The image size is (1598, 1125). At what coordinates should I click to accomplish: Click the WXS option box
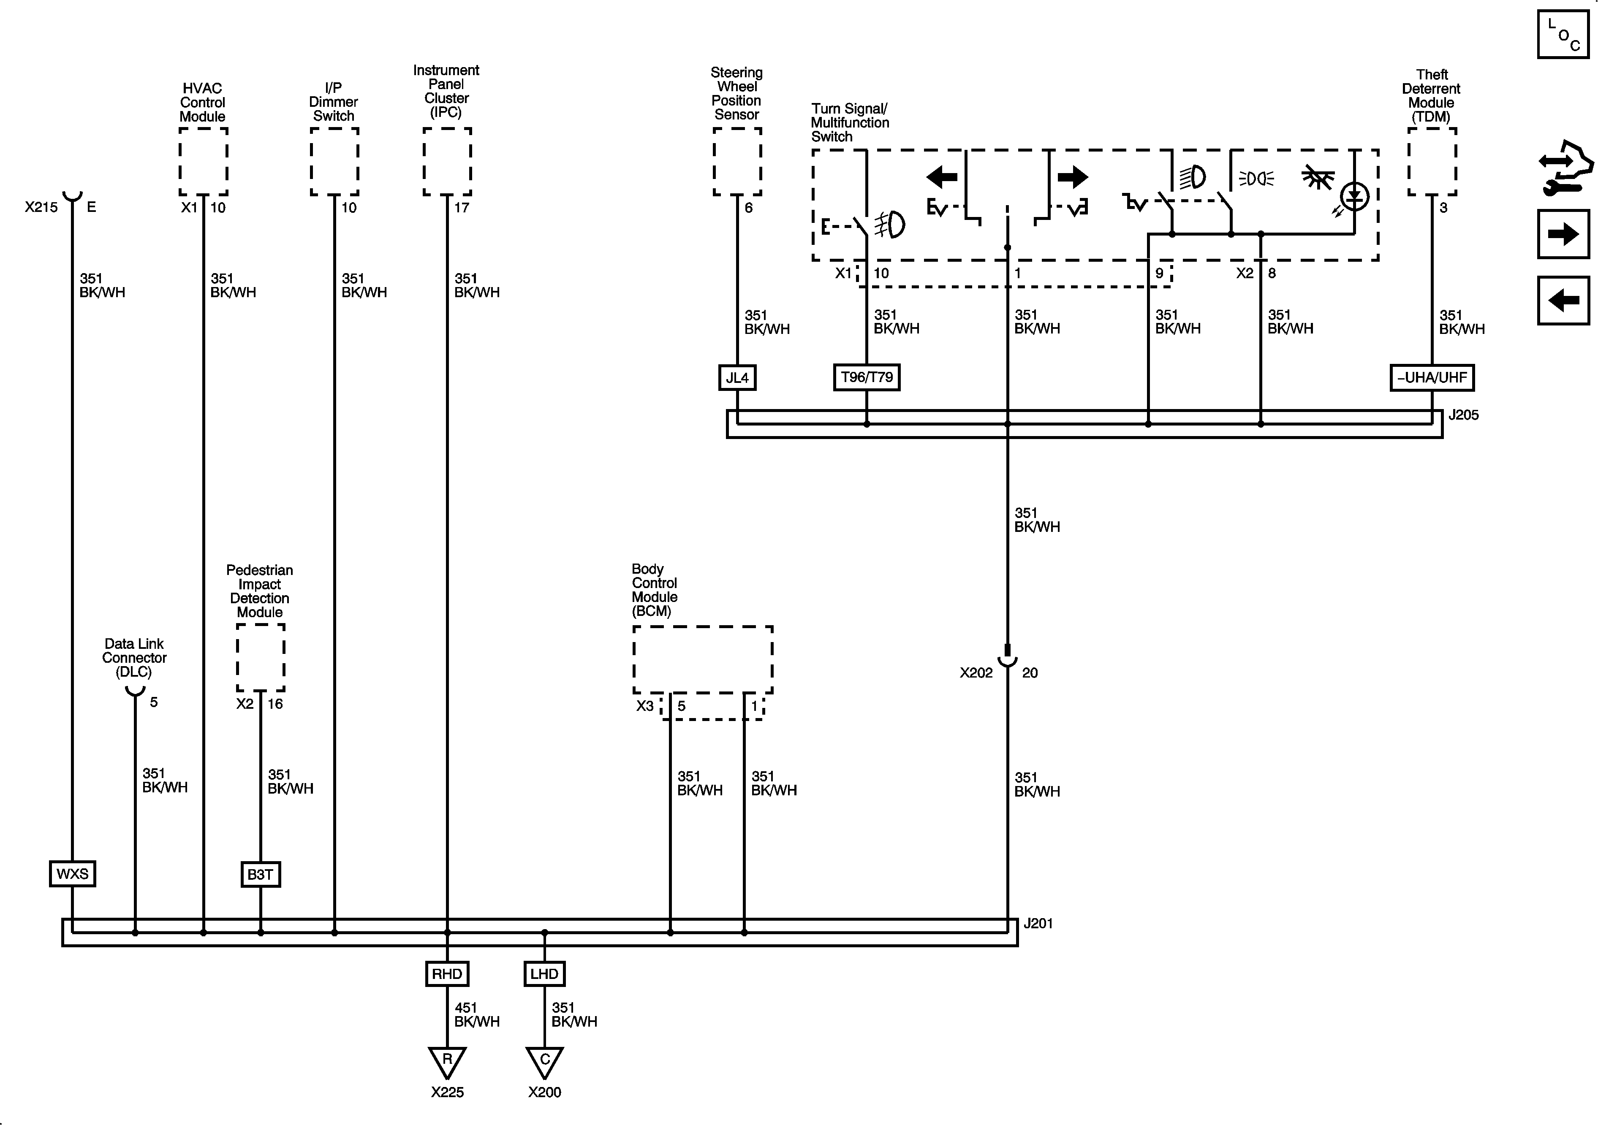pos(72,874)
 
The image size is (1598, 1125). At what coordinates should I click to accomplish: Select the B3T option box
pos(260,875)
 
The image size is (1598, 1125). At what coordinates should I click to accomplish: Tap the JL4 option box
pos(737,378)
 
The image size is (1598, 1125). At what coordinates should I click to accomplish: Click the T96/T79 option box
pos(867,377)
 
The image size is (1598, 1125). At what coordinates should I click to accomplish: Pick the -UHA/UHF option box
pos(1432,378)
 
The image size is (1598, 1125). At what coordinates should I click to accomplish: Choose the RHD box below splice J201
pos(447,974)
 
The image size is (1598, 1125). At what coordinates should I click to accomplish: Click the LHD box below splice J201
pos(544,974)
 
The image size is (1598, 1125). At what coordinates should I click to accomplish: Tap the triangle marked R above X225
pos(447,1061)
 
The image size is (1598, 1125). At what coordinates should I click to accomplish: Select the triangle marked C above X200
pos(544,1061)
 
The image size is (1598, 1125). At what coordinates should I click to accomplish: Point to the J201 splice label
pos(1038,924)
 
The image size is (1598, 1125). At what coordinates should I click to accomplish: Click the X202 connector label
pos(976,673)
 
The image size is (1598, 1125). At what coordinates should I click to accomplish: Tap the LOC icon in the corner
pos(1563,34)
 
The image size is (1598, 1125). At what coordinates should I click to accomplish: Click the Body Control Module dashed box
pos(703,659)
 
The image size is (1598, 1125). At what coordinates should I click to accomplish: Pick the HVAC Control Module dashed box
pos(203,161)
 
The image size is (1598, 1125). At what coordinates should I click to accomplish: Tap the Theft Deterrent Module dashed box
pos(1432,161)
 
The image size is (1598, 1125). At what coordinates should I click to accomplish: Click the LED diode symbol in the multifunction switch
pos(1354,197)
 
